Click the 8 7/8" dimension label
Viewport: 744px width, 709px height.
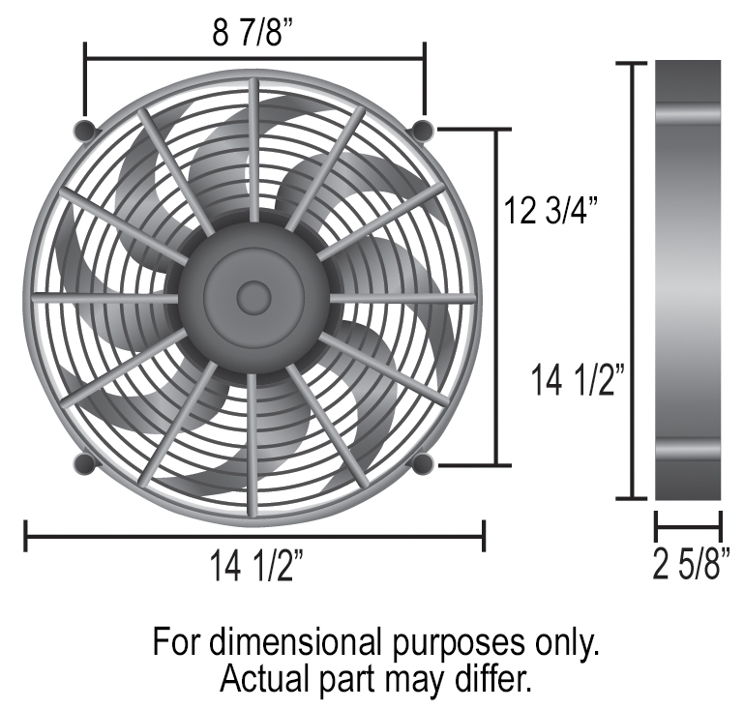click(x=253, y=33)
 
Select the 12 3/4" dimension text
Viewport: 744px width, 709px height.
click(x=551, y=210)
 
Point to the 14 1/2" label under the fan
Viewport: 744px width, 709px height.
click(x=256, y=566)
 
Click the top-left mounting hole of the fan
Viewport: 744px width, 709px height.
click(x=84, y=130)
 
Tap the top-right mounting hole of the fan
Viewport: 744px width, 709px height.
click(x=423, y=129)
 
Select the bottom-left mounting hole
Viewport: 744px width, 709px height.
click(x=84, y=463)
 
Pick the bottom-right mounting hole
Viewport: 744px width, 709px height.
click(x=423, y=463)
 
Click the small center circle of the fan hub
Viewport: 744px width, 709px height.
click(x=253, y=297)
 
